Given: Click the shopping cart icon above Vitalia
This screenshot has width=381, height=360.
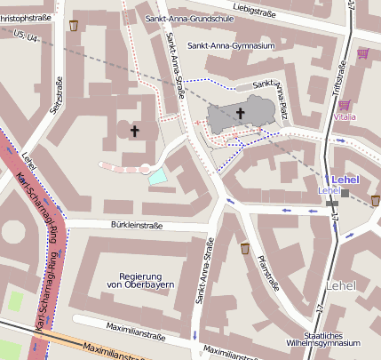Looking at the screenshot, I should pos(343,105).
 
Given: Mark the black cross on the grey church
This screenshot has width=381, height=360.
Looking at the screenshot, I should pos(240,113).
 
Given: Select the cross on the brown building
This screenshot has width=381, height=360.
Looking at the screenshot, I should pos(135,131).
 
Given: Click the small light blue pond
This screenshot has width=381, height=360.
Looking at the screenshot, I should pos(157,176).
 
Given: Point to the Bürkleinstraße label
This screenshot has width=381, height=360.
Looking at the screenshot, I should pos(137,226).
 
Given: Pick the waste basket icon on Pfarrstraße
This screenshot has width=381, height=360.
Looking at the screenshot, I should pos(245,248).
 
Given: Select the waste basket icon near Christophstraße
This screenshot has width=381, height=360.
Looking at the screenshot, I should pos(73,25).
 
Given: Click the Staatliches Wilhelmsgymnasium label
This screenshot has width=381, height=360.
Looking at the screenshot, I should pos(331,339).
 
